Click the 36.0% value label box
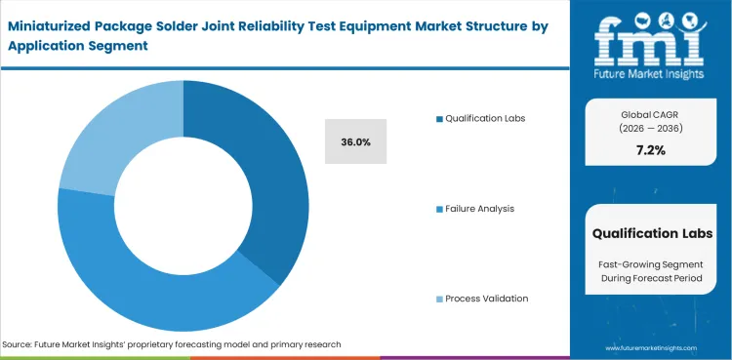(x=355, y=141)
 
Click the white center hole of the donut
(x=183, y=207)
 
